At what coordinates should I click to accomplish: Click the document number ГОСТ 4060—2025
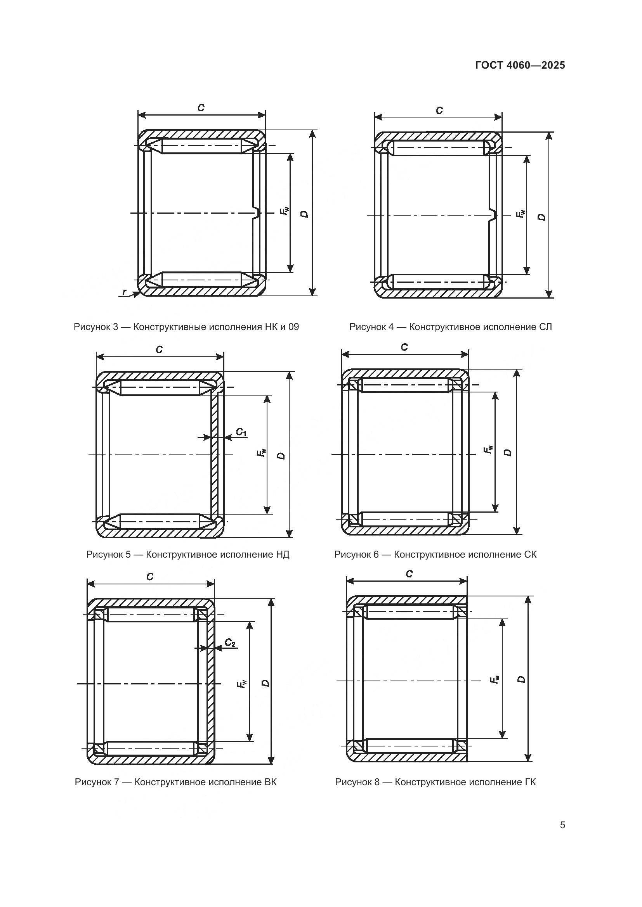pos(520,65)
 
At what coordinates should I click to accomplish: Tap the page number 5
pos(562,825)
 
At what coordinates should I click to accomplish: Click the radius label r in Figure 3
pos(125,292)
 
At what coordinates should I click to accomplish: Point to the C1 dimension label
pos(241,432)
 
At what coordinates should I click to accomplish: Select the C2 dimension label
pos(230,643)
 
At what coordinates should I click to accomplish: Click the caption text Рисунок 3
pos(96,327)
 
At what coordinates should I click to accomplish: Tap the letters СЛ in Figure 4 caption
pos(545,327)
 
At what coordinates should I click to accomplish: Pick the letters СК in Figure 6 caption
pos(531,555)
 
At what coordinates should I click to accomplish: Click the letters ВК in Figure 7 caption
pos(270,782)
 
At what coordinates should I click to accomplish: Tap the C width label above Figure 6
pos(404,347)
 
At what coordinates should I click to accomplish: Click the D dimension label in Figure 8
pos(521,679)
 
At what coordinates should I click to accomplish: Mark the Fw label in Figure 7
pos(241,684)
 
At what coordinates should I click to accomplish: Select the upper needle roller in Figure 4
pos(438,148)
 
